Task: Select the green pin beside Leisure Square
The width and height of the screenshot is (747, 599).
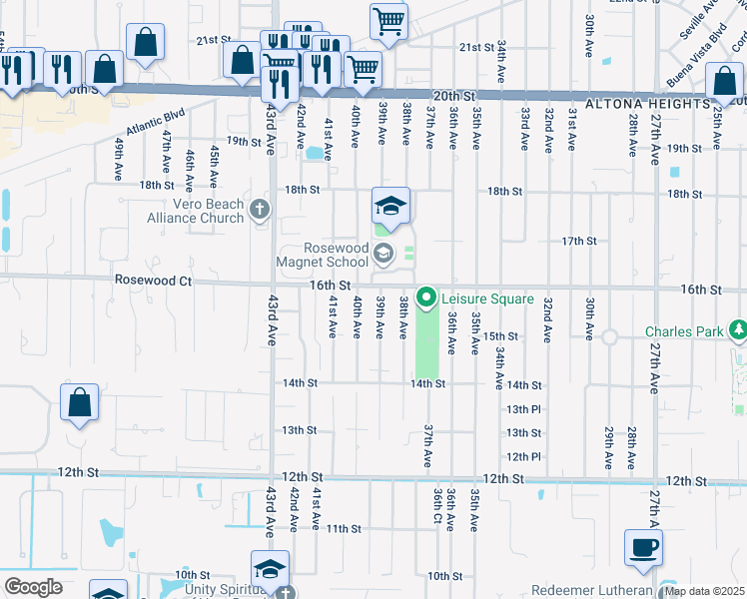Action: [x=426, y=298]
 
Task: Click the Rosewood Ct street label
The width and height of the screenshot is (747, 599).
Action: [x=153, y=281]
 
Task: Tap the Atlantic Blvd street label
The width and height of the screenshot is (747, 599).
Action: [x=156, y=123]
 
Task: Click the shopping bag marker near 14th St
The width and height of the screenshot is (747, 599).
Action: [x=80, y=403]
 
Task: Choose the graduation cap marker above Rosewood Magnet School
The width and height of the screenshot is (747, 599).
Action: [x=391, y=207]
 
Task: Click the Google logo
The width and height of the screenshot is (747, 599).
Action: [x=33, y=587]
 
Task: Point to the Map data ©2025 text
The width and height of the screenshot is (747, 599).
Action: [x=704, y=591]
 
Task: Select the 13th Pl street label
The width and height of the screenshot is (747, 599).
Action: [x=522, y=409]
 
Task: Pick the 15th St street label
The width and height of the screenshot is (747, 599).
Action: [x=501, y=336]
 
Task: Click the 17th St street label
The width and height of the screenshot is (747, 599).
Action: [x=578, y=241]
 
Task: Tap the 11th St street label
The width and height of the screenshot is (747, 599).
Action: [x=343, y=528]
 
